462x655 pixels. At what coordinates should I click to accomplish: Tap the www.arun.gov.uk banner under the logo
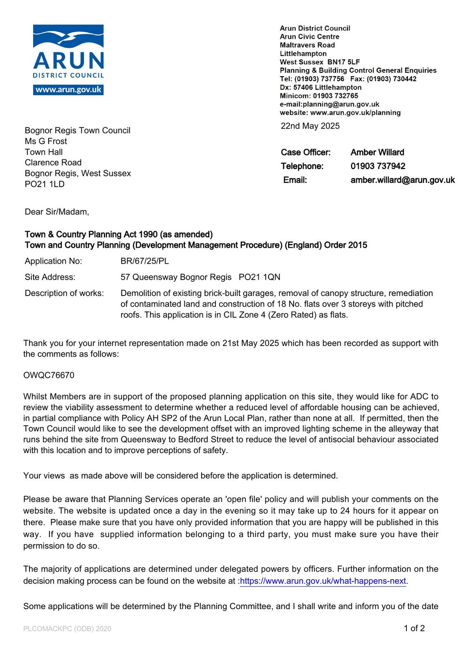(68, 90)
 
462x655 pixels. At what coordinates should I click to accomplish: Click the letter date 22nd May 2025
(310, 126)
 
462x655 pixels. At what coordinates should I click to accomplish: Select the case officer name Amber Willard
(377, 152)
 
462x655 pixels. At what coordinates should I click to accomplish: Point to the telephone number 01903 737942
(378, 166)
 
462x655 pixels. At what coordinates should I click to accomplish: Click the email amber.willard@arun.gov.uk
(402, 180)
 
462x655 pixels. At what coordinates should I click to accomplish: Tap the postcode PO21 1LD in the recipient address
(45, 184)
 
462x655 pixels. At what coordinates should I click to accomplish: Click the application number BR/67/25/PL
(144, 261)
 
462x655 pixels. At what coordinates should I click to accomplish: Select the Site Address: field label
(50, 277)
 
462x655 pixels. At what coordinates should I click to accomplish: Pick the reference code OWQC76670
(49, 375)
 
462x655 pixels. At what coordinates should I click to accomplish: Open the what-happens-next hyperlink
(323, 581)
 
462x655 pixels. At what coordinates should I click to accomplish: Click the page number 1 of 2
(414, 628)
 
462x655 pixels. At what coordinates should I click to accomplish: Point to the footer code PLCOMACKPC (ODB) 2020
(67, 629)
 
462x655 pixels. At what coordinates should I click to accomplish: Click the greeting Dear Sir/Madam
(56, 212)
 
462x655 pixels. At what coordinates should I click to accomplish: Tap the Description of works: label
(64, 294)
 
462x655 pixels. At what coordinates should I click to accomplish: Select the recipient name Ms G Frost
(46, 141)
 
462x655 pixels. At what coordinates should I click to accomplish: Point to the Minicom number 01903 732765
(335, 96)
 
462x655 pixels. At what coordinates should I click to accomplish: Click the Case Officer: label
(305, 152)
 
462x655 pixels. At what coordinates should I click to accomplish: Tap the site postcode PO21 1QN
(259, 277)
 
